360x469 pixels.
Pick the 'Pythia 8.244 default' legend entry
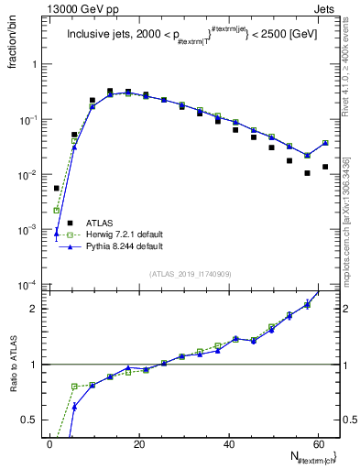coord(125,246)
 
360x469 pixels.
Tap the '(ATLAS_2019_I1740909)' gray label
coord(190,274)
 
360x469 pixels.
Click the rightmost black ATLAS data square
coord(325,167)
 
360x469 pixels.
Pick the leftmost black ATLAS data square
coord(57,188)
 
